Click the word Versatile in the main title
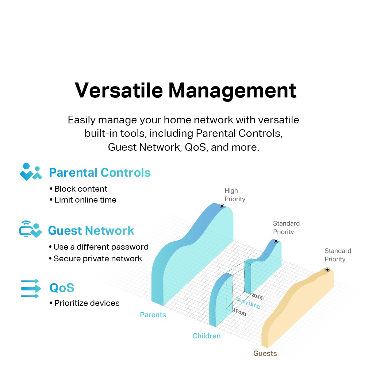click(x=119, y=90)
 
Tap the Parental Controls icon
click(x=31, y=172)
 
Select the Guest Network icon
click(x=31, y=229)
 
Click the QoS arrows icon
click(x=31, y=288)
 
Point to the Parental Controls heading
click(x=100, y=173)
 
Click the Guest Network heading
click(x=91, y=231)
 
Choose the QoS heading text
click(x=62, y=288)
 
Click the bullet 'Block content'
click(x=78, y=189)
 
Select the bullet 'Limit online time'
click(x=83, y=200)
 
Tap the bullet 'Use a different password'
click(x=99, y=247)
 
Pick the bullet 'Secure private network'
click(x=95, y=258)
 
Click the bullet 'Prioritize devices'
click(x=85, y=303)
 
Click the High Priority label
click(x=235, y=195)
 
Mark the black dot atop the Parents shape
click(x=222, y=206)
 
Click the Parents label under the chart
click(x=153, y=315)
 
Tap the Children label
click(x=207, y=336)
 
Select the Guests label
click(x=265, y=353)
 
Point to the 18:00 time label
click(x=239, y=312)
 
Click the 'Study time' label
click(x=248, y=303)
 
